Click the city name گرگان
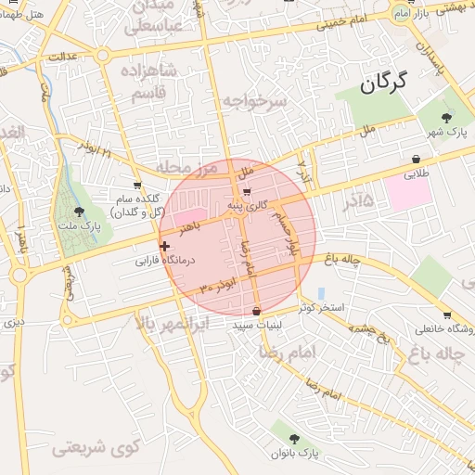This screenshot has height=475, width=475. [381, 83]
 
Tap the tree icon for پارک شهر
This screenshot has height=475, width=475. [448, 118]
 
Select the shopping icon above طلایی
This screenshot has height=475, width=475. [413, 159]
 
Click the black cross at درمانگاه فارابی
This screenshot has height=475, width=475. [165, 246]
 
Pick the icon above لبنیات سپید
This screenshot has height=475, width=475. [256, 311]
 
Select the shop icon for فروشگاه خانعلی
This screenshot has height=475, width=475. [447, 315]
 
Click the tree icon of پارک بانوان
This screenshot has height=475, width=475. [294, 438]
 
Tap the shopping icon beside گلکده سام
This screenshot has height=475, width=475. [137, 185]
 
